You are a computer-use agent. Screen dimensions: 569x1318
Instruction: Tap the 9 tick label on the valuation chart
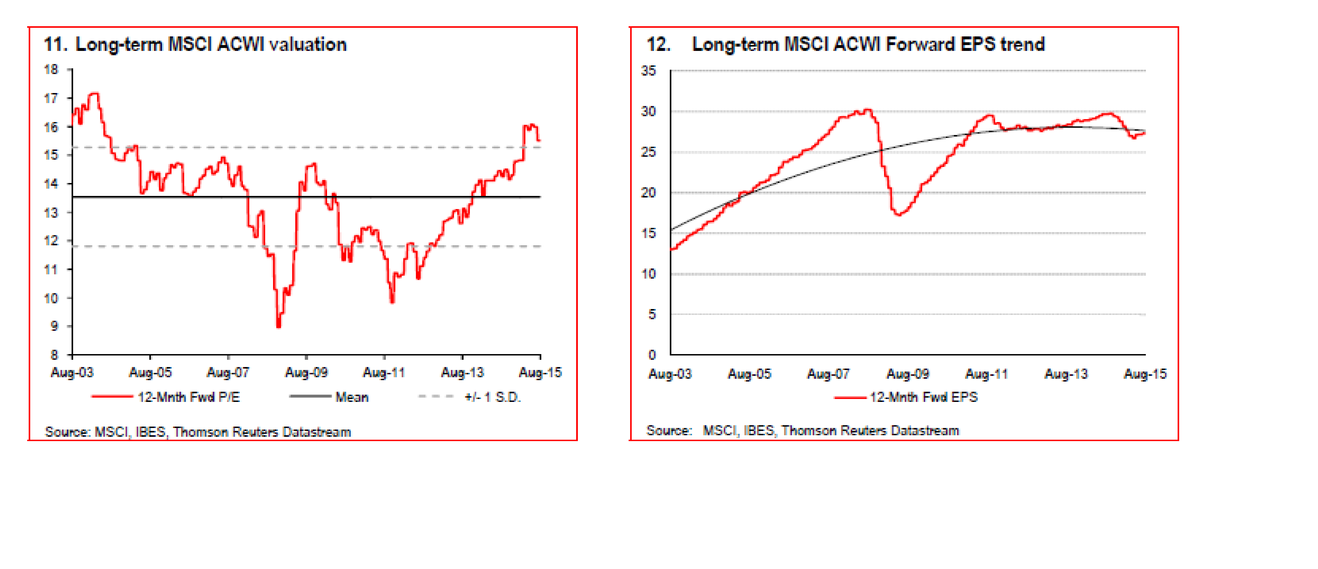(54, 326)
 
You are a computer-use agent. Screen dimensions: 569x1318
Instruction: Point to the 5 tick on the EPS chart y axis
(652, 314)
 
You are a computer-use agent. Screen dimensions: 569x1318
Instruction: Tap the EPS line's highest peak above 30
(867, 110)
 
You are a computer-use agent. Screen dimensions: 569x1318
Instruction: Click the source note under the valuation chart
(198, 432)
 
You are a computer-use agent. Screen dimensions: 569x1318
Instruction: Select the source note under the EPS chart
(802, 430)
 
